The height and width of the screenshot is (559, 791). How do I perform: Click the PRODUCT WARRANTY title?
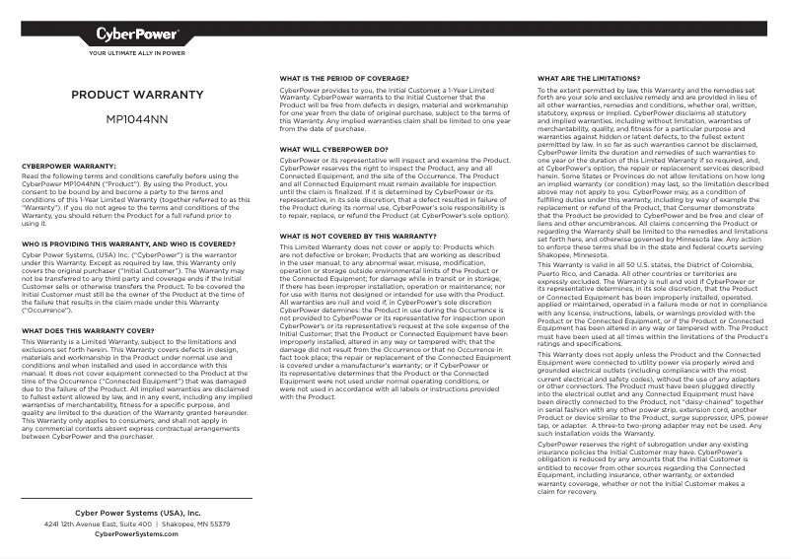[137, 96]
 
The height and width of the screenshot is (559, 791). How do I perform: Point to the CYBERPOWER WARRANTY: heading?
[69, 166]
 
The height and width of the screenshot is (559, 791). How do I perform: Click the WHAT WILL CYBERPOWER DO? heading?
[333, 149]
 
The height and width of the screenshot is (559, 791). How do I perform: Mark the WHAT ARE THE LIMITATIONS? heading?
[588, 77]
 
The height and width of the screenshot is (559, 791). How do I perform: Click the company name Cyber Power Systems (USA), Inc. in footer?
[137, 514]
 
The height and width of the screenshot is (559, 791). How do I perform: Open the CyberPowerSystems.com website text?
[137, 534]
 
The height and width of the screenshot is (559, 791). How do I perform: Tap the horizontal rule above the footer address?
[137, 500]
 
